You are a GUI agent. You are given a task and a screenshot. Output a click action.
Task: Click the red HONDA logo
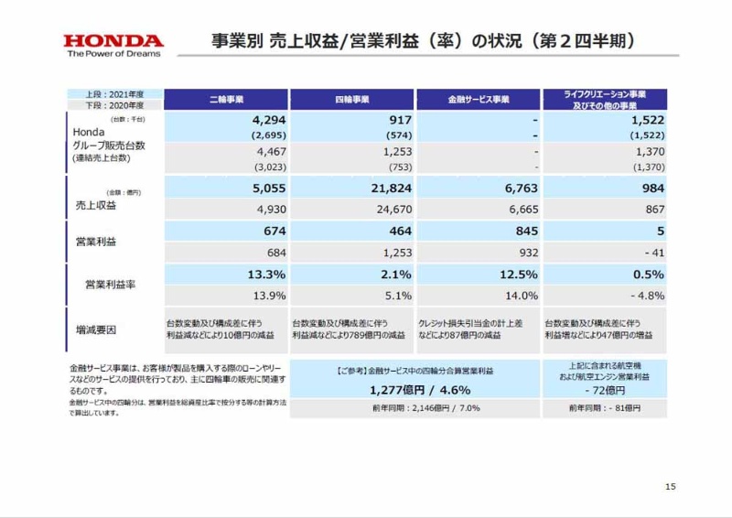113,40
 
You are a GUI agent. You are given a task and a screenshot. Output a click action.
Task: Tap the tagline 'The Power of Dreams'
113,53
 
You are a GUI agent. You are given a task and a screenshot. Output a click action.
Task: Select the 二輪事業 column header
226,99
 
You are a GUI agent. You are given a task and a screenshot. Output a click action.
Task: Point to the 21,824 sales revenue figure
388,189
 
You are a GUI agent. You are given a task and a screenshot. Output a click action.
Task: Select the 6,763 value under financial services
518,189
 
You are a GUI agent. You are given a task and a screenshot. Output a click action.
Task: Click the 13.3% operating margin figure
266,275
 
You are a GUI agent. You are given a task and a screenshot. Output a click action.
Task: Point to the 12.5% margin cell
518,275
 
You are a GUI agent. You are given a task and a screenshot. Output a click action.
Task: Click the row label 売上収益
93,206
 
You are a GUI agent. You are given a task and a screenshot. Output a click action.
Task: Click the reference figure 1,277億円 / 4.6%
416,390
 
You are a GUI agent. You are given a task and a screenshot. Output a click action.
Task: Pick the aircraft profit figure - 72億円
604,391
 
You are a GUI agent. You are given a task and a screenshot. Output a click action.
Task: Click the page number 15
670,487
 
